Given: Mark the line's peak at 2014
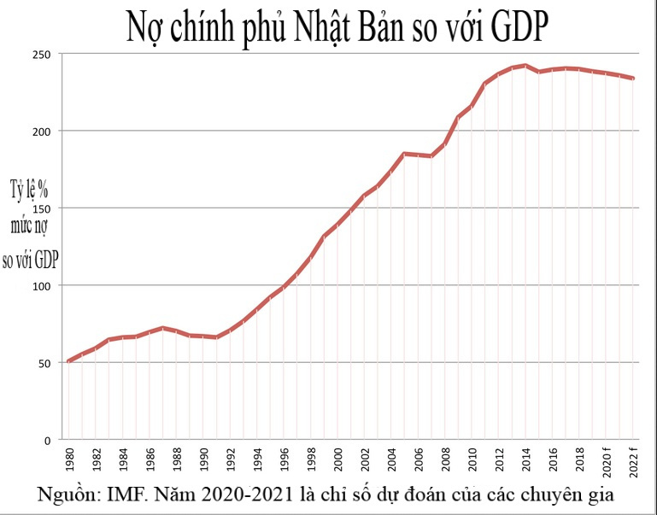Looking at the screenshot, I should click(x=525, y=65).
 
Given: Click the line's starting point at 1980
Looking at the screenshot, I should click(x=69, y=361).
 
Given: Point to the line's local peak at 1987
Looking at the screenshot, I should click(x=162, y=328).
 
